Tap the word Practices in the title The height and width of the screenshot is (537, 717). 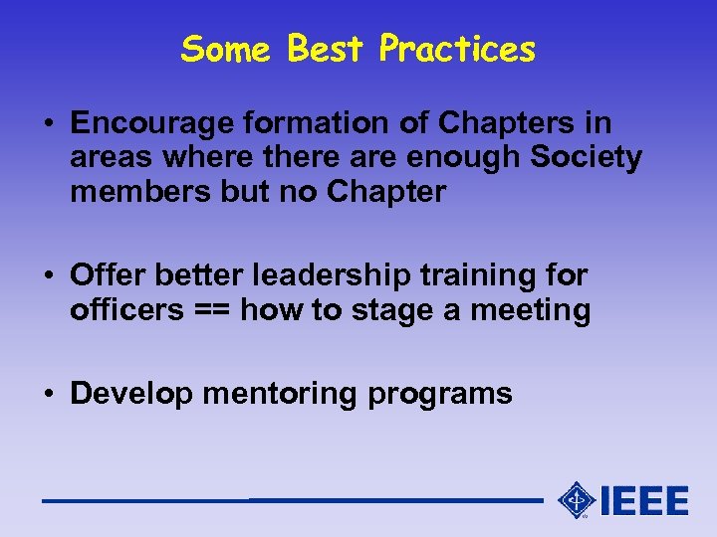457,48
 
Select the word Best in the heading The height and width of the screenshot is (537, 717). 326,48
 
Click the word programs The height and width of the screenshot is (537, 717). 440,395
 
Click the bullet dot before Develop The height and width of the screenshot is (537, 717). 49,393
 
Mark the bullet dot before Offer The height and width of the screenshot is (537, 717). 49,275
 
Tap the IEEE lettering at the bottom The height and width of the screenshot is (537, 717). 643,500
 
